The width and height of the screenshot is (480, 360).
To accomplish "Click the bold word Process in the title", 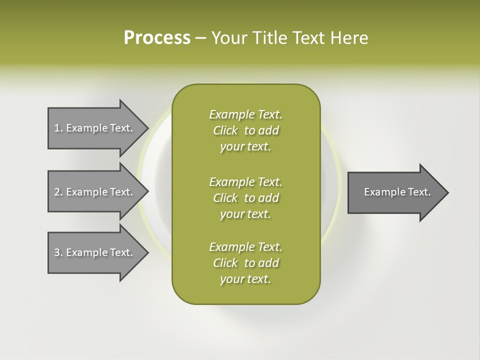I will pyautogui.click(x=157, y=38).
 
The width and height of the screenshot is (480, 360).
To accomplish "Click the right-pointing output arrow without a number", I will pyautogui.click(x=395, y=192).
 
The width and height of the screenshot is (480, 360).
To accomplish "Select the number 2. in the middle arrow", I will pyautogui.click(x=58, y=192).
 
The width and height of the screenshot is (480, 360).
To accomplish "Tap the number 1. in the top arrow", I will pyautogui.click(x=58, y=128).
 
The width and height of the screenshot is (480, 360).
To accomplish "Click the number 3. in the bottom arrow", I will pyautogui.click(x=58, y=252).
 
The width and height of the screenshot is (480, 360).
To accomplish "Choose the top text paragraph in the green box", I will pyautogui.click(x=245, y=130).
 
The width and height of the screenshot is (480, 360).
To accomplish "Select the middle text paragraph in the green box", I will pyautogui.click(x=245, y=198).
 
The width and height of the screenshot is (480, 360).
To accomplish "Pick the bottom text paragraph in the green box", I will pyautogui.click(x=245, y=263).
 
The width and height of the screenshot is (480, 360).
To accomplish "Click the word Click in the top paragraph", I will pyautogui.click(x=225, y=131).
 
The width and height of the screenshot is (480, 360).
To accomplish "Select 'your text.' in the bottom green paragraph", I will pyautogui.click(x=245, y=279).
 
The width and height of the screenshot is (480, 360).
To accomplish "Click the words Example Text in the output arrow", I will pyautogui.click(x=397, y=192).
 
